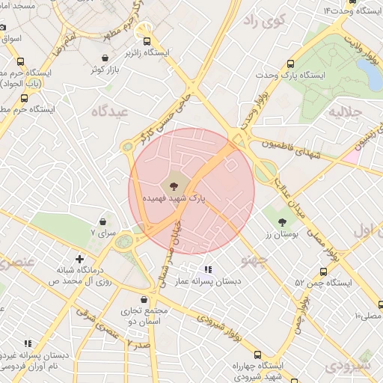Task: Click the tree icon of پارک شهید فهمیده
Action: click(174, 185)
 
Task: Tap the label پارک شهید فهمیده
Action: click(174, 199)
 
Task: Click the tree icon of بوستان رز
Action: click(283, 221)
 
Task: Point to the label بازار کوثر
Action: click(106, 70)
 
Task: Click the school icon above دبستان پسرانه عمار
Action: click(207, 269)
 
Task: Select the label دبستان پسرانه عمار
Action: click(206, 281)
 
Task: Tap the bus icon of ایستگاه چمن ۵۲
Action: click(322, 272)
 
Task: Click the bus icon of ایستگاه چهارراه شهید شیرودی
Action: click(258, 355)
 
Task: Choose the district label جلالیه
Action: click(346, 111)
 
